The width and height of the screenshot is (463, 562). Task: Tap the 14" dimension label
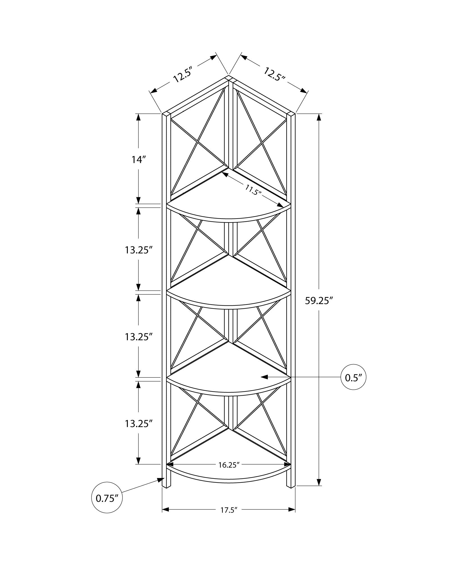(x=139, y=160)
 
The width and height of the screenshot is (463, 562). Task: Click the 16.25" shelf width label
(x=229, y=465)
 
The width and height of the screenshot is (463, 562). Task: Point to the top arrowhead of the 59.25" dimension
(x=319, y=117)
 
